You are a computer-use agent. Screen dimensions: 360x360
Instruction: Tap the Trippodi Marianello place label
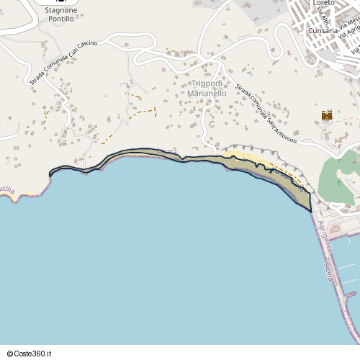tap(207, 89)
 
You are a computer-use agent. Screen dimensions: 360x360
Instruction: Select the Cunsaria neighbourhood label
tap(321, 31)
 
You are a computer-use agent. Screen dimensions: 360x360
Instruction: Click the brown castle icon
tap(327, 114)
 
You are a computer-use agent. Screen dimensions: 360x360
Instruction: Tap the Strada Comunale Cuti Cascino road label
tap(63, 64)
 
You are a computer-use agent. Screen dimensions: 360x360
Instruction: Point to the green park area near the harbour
tap(338, 176)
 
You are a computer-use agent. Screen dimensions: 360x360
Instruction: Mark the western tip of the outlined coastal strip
tap(50, 174)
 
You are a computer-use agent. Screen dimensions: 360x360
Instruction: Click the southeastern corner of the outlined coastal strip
tap(310, 210)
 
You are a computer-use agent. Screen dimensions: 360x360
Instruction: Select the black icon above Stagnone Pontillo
tap(60, 1)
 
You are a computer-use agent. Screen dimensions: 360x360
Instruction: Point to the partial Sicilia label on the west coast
tap(6, 189)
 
